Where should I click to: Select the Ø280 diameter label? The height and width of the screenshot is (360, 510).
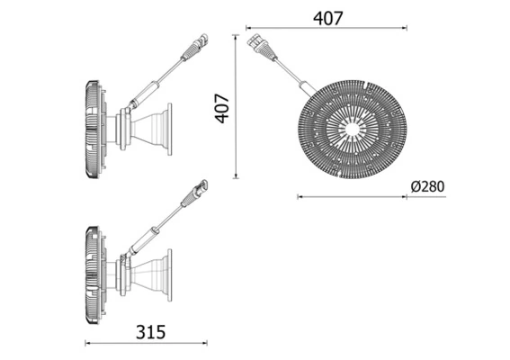pos(426,187)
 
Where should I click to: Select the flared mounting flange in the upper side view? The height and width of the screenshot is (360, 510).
pos(161,127)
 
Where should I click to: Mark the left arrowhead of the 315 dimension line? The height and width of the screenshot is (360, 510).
pos(87,342)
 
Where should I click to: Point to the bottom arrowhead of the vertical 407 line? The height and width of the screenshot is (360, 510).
pos(236,179)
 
